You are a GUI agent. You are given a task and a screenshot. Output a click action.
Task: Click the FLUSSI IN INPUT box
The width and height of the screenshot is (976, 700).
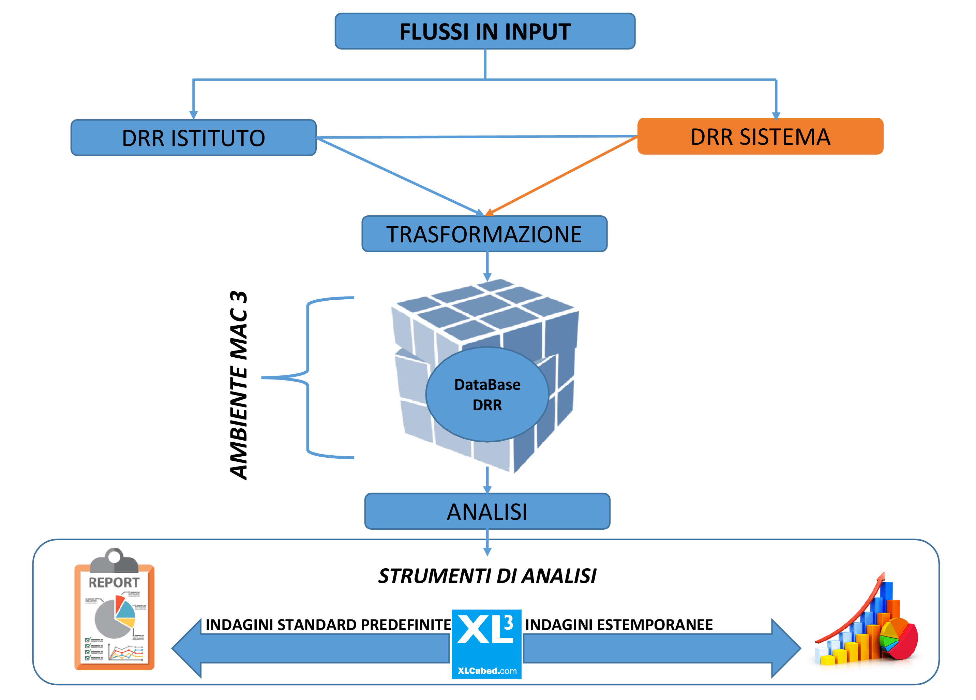click(x=485, y=31)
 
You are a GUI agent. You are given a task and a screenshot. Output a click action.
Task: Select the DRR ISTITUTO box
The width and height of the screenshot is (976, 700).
click(x=193, y=138)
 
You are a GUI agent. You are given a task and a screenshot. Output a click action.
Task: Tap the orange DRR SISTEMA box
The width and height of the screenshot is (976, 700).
click(x=760, y=137)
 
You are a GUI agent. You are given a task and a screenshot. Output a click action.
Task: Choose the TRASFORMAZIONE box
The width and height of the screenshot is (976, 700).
click(x=484, y=234)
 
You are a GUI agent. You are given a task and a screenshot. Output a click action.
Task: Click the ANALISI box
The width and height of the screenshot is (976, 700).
click(x=487, y=511)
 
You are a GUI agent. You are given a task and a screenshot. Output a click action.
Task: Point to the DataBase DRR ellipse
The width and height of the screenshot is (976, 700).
click(x=487, y=394)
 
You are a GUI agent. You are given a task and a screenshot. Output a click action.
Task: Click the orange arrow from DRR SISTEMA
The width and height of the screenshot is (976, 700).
click(x=564, y=174)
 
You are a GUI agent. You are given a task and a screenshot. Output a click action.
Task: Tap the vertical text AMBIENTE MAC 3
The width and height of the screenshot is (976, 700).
click(x=239, y=386)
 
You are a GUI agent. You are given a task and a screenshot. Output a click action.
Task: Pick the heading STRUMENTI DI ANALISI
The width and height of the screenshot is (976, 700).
click(x=487, y=576)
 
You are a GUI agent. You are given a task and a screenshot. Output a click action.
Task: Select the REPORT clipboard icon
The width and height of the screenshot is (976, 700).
click(x=115, y=610)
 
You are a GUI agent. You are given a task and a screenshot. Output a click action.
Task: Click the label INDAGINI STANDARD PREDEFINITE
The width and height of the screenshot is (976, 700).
click(x=328, y=625)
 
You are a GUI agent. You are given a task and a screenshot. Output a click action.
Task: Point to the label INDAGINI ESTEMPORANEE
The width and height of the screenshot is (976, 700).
click(x=619, y=625)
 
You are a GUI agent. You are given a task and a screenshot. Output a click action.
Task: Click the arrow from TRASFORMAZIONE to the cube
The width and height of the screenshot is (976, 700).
click(x=487, y=266)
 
